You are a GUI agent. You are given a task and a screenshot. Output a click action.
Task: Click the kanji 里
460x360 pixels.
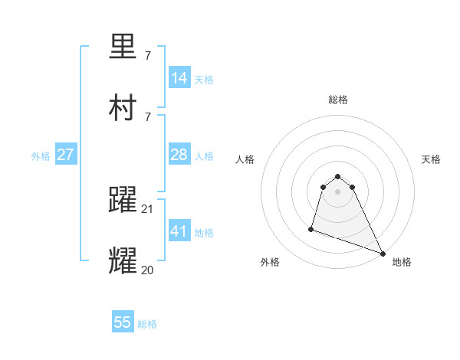(123, 48)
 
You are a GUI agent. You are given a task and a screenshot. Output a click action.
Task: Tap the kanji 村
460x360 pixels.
(123, 109)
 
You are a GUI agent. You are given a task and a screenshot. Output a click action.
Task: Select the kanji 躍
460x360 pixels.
(123, 201)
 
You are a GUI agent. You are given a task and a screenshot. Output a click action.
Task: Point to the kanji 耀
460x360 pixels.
(123, 261)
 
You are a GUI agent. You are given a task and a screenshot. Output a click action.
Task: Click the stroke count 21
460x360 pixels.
(148, 208)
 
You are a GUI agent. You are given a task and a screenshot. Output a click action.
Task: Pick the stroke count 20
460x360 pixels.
(148, 269)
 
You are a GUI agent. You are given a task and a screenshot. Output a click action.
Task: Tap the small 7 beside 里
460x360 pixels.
(147, 56)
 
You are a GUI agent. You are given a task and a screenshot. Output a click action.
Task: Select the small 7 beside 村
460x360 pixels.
(147, 116)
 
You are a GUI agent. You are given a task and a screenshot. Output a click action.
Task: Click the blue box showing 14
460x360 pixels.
(179, 78)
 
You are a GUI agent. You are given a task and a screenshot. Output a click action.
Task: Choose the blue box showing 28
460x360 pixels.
(179, 155)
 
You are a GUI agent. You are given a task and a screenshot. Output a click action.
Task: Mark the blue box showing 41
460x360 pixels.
(179, 231)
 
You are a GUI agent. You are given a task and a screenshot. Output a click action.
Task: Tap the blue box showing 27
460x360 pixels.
(66, 155)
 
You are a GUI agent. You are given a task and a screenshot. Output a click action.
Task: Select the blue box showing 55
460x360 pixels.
(123, 322)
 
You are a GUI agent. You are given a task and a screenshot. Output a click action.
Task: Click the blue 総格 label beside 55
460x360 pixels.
(147, 324)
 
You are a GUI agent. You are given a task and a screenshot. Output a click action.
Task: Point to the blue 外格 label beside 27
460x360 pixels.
(41, 156)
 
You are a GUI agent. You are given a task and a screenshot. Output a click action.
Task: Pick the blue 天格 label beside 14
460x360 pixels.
(204, 80)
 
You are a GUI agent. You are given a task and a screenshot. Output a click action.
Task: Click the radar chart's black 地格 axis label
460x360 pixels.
(402, 262)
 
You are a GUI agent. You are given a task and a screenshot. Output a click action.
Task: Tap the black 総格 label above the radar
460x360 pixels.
(338, 100)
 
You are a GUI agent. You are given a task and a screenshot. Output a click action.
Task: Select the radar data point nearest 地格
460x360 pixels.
(382, 253)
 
